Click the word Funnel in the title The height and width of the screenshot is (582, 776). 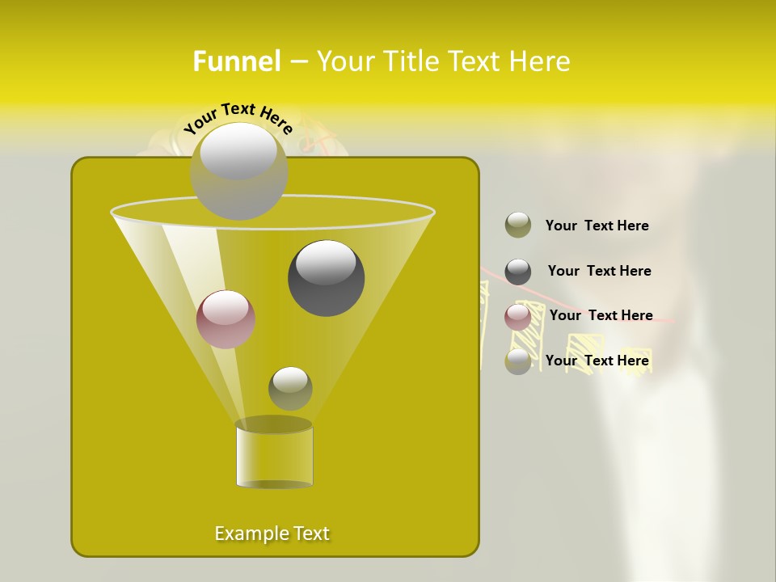pos(236,61)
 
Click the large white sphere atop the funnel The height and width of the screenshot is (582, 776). pos(238,171)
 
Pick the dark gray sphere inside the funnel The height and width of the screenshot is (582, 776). pos(326,278)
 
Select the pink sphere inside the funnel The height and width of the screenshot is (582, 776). pos(226,319)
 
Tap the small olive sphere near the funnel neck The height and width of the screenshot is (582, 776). pos(290,388)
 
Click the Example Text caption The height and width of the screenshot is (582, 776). pos(272,533)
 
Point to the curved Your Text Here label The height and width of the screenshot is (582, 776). pos(238,116)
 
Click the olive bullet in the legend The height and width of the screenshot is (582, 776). pos(518,225)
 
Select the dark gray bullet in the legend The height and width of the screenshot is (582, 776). pos(518,272)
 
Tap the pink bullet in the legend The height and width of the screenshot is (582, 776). pos(518,317)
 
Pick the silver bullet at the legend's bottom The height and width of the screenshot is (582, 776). pos(518,361)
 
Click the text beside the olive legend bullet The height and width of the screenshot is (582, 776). pos(597,226)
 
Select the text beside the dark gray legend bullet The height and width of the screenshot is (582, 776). pos(599,271)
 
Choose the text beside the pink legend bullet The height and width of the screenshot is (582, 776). pos(601,315)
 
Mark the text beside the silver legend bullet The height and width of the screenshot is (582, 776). pos(597,361)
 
